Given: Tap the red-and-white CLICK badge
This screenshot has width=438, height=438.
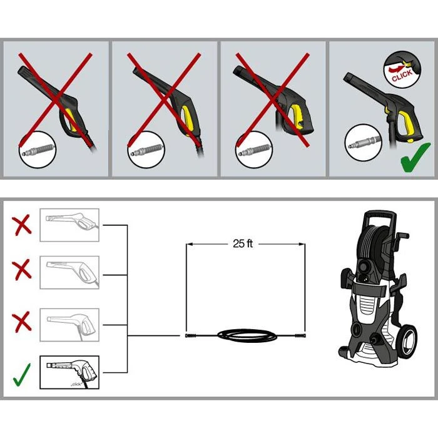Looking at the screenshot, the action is [x=402, y=69].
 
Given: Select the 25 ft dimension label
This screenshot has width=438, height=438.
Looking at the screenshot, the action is [x=243, y=243].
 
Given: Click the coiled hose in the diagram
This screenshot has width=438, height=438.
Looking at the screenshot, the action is [x=247, y=335].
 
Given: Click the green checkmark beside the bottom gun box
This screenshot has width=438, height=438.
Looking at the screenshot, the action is [x=21, y=375].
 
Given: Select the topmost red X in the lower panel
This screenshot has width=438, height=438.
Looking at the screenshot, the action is [x=21, y=225].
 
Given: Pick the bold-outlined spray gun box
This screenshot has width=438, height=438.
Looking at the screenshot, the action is [x=69, y=372].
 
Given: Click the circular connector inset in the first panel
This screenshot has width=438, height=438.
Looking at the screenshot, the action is [x=38, y=150].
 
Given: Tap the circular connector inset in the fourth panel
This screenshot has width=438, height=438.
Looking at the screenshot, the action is [x=363, y=143].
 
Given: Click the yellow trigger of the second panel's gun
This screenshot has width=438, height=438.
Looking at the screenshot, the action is [x=189, y=120].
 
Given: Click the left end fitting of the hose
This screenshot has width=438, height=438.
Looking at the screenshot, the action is [x=191, y=335].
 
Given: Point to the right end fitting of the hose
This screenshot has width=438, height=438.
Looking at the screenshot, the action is [x=300, y=335].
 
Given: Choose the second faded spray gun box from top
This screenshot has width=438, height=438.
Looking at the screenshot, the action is [x=69, y=272].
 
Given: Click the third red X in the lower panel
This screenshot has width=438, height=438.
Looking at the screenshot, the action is [x=21, y=322].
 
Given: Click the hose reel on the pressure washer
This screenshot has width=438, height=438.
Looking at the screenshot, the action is [x=373, y=243].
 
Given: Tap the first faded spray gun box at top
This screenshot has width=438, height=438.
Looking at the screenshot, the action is [x=69, y=225].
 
